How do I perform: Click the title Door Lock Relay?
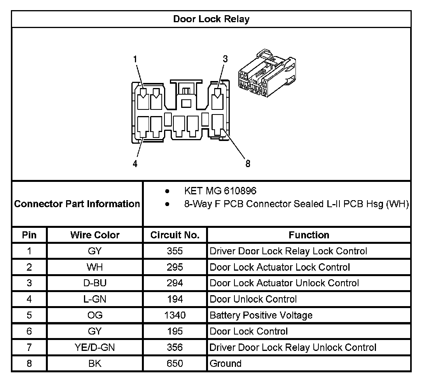pyautogui.click(x=211, y=19)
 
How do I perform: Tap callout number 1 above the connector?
pyautogui.click(x=135, y=59)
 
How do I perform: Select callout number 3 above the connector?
pyautogui.click(x=225, y=59)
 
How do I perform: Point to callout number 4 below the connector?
pyautogui.click(x=135, y=164)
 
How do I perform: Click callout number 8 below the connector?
pyautogui.click(x=248, y=164)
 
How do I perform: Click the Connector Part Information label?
pyautogui.click(x=77, y=204)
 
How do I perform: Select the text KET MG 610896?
pyautogui.click(x=220, y=191)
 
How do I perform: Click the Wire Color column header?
pyautogui.click(x=95, y=235)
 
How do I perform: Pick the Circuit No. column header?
pyautogui.click(x=175, y=235)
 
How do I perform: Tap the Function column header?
pyautogui.click(x=309, y=235)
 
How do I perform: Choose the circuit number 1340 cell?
pyautogui.click(x=175, y=315)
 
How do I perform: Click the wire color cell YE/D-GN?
pyautogui.click(x=95, y=347)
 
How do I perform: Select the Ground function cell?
pyautogui.click(x=225, y=364)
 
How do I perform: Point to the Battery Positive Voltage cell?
pyautogui.click(x=261, y=315)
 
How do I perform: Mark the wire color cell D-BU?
pyautogui.click(x=95, y=283)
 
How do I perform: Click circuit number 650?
pyautogui.click(x=175, y=364)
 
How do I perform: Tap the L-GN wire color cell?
pyautogui.click(x=95, y=299)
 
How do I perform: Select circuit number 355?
pyautogui.click(x=175, y=251)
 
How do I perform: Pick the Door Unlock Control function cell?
pyautogui.click(x=253, y=299)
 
